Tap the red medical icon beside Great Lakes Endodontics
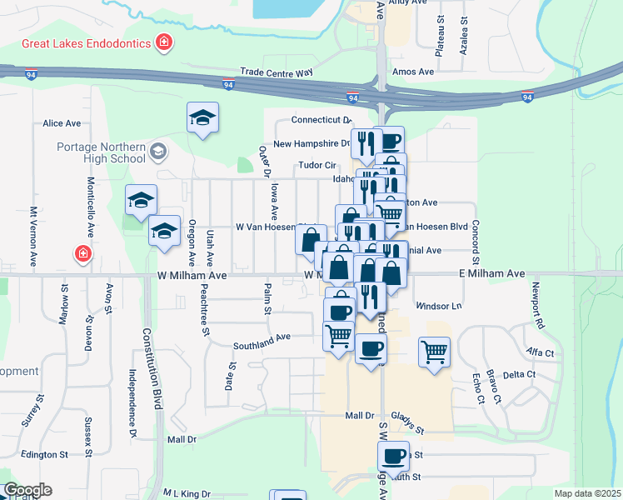(165, 42)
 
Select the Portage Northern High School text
(101, 152)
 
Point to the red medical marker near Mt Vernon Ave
(82, 253)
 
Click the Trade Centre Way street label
(276, 73)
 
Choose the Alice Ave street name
(62, 123)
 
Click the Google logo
(27, 490)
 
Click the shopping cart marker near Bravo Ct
(434, 351)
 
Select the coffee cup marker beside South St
(393, 455)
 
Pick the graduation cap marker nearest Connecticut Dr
(202, 118)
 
